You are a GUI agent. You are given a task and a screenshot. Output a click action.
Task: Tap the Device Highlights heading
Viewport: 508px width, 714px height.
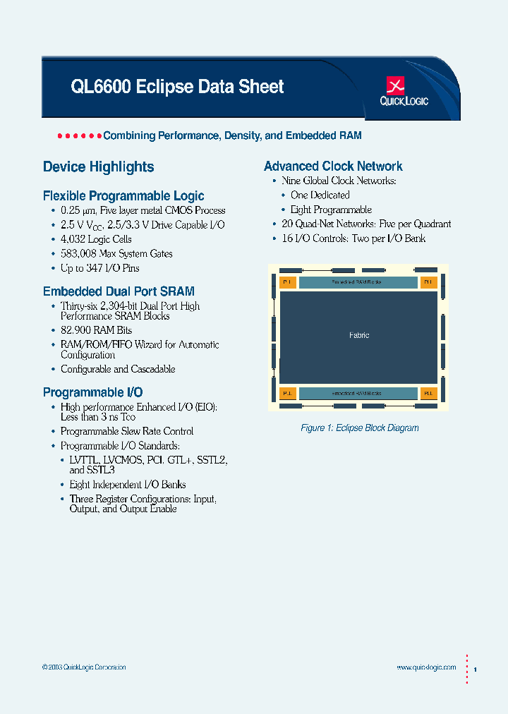pyautogui.click(x=98, y=167)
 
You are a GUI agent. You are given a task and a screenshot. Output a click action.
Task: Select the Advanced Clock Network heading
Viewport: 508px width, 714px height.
pyautogui.click(x=333, y=167)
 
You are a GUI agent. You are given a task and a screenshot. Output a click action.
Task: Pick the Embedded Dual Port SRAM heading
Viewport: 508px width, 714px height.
pyautogui.click(x=119, y=291)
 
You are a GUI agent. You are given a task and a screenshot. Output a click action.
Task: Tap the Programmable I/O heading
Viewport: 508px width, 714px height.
pyautogui.click(x=92, y=392)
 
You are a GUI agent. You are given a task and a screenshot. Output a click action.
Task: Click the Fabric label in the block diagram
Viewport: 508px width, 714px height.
pyautogui.click(x=359, y=335)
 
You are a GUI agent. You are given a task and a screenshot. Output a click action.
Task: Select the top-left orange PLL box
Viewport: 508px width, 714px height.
pyautogui.click(x=287, y=282)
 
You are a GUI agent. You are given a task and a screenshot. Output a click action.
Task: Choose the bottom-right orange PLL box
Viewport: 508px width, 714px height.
pyautogui.click(x=429, y=393)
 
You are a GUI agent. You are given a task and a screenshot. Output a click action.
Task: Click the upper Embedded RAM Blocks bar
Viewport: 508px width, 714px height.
pyautogui.click(x=358, y=282)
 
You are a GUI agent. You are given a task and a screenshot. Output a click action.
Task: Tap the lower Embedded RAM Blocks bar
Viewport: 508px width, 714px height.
pyautogui.click(x=358, y=393)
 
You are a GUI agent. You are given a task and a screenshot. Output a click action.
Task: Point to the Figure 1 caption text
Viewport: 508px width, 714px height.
pyautogui.click(x=359, y=428)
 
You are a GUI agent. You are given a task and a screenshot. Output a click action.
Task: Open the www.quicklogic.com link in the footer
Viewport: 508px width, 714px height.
pyautogui.click(x=426, y=667)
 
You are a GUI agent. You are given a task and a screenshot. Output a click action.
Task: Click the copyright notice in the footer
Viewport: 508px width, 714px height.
pyautogui.click(x=84, y=667)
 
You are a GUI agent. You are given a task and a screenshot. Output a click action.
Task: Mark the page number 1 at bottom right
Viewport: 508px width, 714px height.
pyautogui.click(x=476, y=668)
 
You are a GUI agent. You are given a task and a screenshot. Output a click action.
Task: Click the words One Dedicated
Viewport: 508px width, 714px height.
pyautogui.click(x=320, y=195)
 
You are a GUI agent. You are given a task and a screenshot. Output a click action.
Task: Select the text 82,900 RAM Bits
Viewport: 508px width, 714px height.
pyautogui.click(x=96, y=330)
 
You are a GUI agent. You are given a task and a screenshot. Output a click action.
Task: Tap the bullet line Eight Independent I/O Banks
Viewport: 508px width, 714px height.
pyautogui.click(x=128, y=485)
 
